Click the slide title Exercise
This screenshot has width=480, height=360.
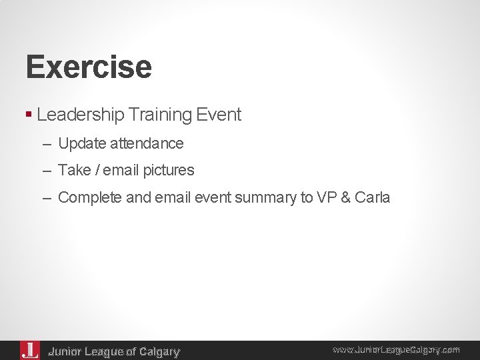coord(89,67)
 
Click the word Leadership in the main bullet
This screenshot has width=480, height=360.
coord(80,115)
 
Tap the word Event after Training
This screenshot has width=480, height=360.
coord(219,115)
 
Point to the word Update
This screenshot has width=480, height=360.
coord(79,143)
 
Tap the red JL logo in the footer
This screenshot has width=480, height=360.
coord(30,350)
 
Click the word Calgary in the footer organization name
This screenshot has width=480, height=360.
coord(158,351)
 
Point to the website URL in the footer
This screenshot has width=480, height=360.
coord(396,349)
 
